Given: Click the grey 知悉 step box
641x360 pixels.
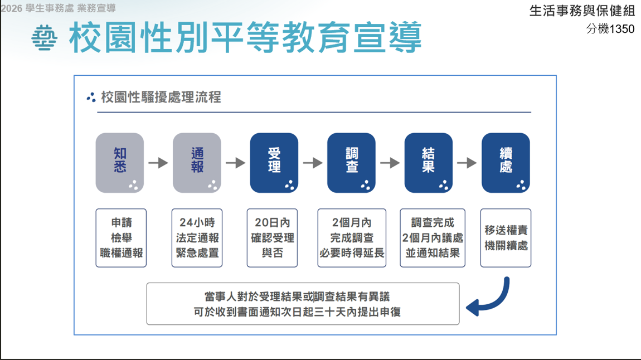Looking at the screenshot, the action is (120, 163).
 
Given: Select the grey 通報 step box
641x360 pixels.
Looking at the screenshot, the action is (197, 163).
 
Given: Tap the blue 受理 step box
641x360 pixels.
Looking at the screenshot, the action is (274, 163).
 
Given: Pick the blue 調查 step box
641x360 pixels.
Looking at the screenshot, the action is (351, 163).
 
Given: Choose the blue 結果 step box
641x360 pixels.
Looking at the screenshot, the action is (429, 163).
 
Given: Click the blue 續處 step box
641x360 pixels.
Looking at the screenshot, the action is (506, 163).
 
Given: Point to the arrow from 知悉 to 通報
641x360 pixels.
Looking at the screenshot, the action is (158, 163).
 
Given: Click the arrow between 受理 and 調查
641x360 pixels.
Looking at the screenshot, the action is (313, 163).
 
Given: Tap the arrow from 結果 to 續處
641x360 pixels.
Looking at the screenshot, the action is (467, 163).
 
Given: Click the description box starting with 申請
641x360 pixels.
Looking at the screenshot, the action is (121, 238).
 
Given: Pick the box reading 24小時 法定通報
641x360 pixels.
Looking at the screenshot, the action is (197, 238).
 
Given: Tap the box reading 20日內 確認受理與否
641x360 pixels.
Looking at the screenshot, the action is (272, 238).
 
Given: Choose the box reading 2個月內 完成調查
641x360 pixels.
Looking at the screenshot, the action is (352, 238).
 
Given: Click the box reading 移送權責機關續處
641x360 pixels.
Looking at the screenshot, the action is (506, 238).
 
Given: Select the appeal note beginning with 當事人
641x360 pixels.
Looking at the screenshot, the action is (303, 304).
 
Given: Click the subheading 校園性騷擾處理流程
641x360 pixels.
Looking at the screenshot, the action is (161, 98).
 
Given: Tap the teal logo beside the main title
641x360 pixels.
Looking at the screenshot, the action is (44, 38).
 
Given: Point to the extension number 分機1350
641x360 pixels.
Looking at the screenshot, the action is (610, 28).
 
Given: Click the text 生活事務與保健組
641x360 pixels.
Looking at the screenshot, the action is (582, 11).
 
